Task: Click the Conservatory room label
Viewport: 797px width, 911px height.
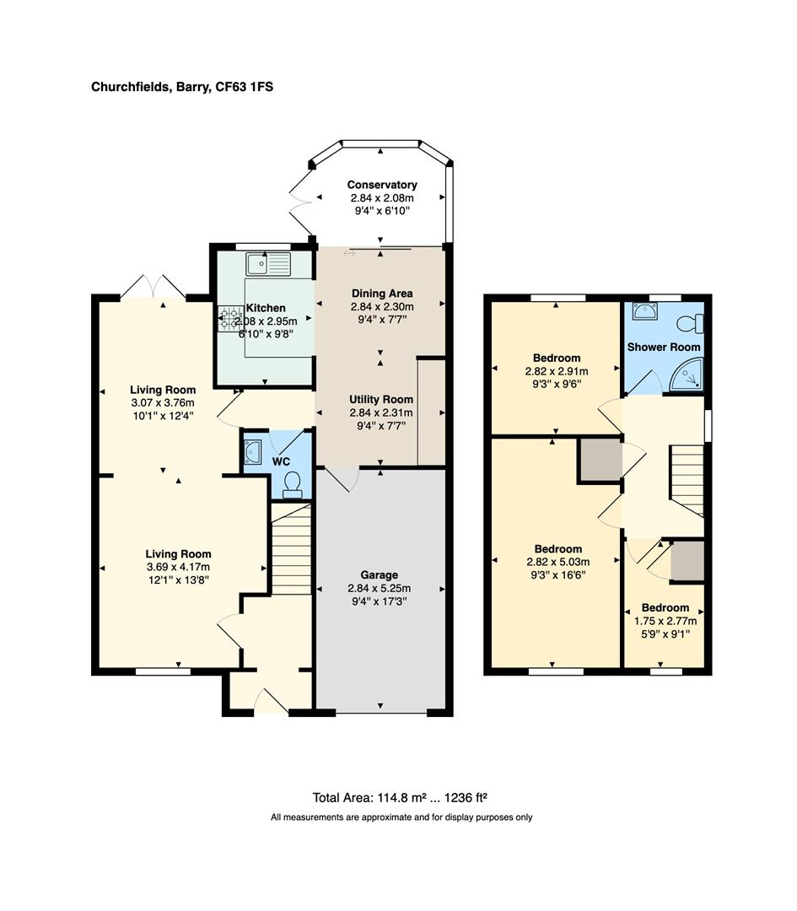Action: tap(382, 185)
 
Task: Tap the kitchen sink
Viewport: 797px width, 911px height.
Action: tap(268, 264)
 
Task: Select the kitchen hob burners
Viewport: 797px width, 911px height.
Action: tap(229, 319)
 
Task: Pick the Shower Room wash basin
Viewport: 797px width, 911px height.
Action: tap(644, 312)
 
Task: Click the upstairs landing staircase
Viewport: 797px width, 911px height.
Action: tap(687, 479)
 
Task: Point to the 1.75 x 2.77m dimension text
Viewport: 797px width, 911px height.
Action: tap(665, 621)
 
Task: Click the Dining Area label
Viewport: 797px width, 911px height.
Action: tap(381, 294)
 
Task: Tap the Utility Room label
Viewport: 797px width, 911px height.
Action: tap(381, 399)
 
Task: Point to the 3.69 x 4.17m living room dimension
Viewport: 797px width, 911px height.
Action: tap(178, 567)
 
